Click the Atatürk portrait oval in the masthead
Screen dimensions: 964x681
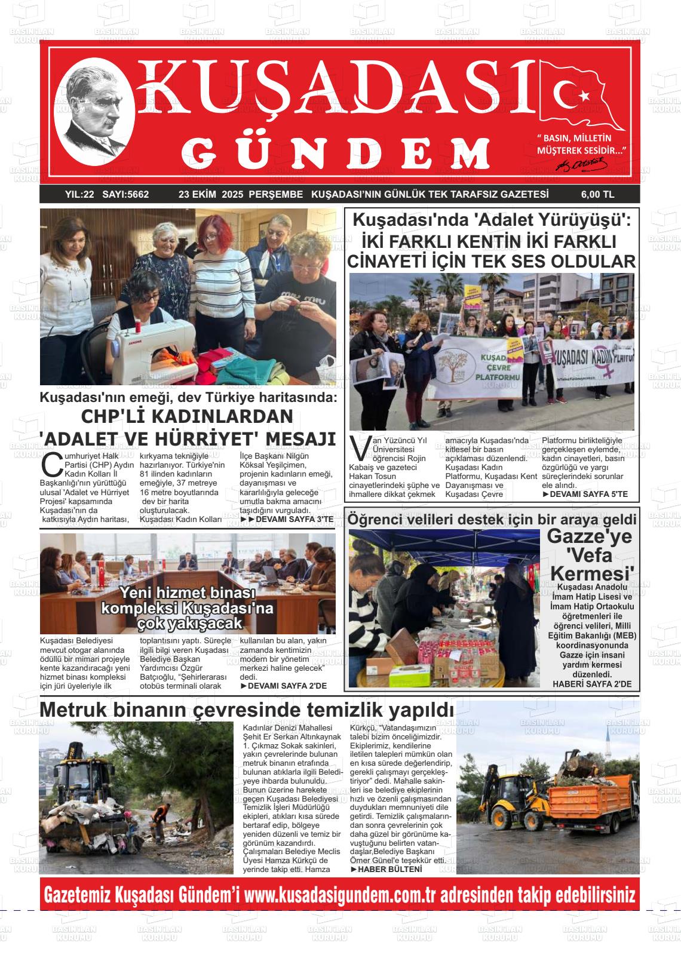pos(94,118)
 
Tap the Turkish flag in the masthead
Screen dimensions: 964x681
pos(579,96)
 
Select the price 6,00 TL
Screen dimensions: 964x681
pos(597,194)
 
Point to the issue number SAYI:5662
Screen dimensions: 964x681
pos(125,194)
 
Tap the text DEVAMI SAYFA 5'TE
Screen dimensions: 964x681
pos(584,495)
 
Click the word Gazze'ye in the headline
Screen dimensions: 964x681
pos(589,536)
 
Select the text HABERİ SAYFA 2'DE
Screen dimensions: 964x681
pos(591,683)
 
